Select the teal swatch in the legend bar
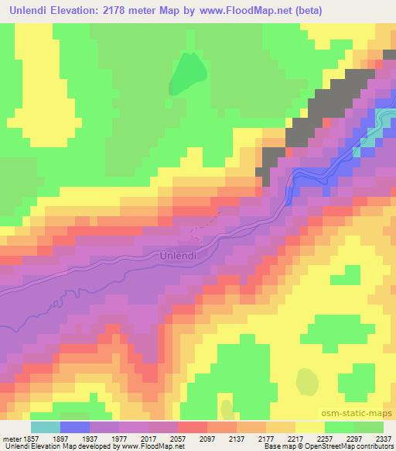(45, 427)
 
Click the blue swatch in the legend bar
(74, 427)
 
